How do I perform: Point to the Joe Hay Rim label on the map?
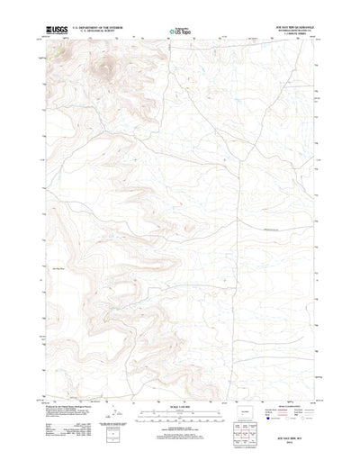coord(59,268)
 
